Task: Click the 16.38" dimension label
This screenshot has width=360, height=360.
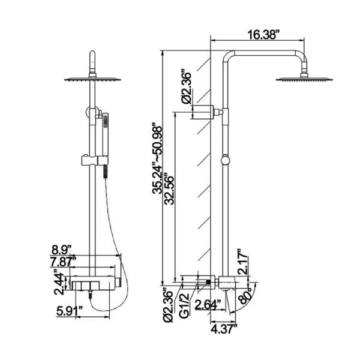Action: [x=265, y=35]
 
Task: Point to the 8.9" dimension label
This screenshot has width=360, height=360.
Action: [x=61, y=250]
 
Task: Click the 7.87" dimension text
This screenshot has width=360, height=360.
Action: [x=63, y=262]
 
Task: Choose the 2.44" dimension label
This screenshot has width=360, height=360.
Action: [x=59, y=284]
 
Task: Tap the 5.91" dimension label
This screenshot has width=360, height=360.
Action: [x=70, y=311]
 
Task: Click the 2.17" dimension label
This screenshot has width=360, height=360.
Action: [x=242, y=262]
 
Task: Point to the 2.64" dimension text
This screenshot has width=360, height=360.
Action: [x=208, y=305]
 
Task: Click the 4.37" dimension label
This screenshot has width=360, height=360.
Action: [x=223, y=329]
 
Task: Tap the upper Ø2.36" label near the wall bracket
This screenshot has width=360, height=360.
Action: [x=186, y=87]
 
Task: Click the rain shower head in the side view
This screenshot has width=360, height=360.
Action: [x=304, y=77]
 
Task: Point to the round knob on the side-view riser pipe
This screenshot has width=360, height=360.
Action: [x=225, y=160]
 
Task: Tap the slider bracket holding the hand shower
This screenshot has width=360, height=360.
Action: [x=95, y=160]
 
